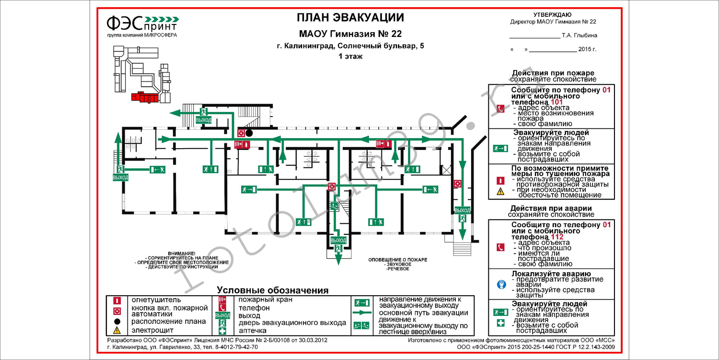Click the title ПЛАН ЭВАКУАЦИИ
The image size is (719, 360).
click(x=350, y=18)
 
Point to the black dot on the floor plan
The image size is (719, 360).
click(x=249, y=133)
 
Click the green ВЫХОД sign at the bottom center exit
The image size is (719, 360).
click(x=338, y=240)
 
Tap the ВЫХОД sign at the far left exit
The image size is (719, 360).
click(x=120, y=177)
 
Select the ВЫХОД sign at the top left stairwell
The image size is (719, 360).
click(x=203, y=120)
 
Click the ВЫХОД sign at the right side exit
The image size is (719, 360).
click(x=462, y=210)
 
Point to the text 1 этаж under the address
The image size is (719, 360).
click(x=350, y=56)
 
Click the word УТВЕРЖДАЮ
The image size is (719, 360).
click(x=552, y=15)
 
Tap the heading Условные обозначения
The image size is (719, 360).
click(x=272, y=290)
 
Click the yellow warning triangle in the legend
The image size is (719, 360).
click(x=116, y=330)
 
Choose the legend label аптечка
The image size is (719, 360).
click(x=253, y=331)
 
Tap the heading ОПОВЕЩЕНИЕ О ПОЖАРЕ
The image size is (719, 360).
click(x=397, y=259)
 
